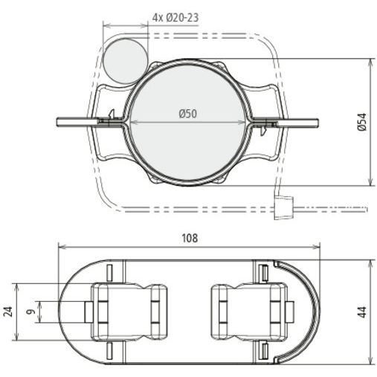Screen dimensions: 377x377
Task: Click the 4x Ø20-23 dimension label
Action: (175, 18)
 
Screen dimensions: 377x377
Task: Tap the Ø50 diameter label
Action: (187, 114)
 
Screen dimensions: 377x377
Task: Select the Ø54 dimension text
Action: (362, 122)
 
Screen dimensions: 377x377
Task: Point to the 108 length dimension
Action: (190, 238)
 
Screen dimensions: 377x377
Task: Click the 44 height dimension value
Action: (363, 312)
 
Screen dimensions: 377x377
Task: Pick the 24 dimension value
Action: (8, 312)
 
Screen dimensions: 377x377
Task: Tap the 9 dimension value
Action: (31, 312)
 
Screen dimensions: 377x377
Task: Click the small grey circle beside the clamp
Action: (125, 61)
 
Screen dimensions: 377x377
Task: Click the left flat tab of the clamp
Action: (77, 122)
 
